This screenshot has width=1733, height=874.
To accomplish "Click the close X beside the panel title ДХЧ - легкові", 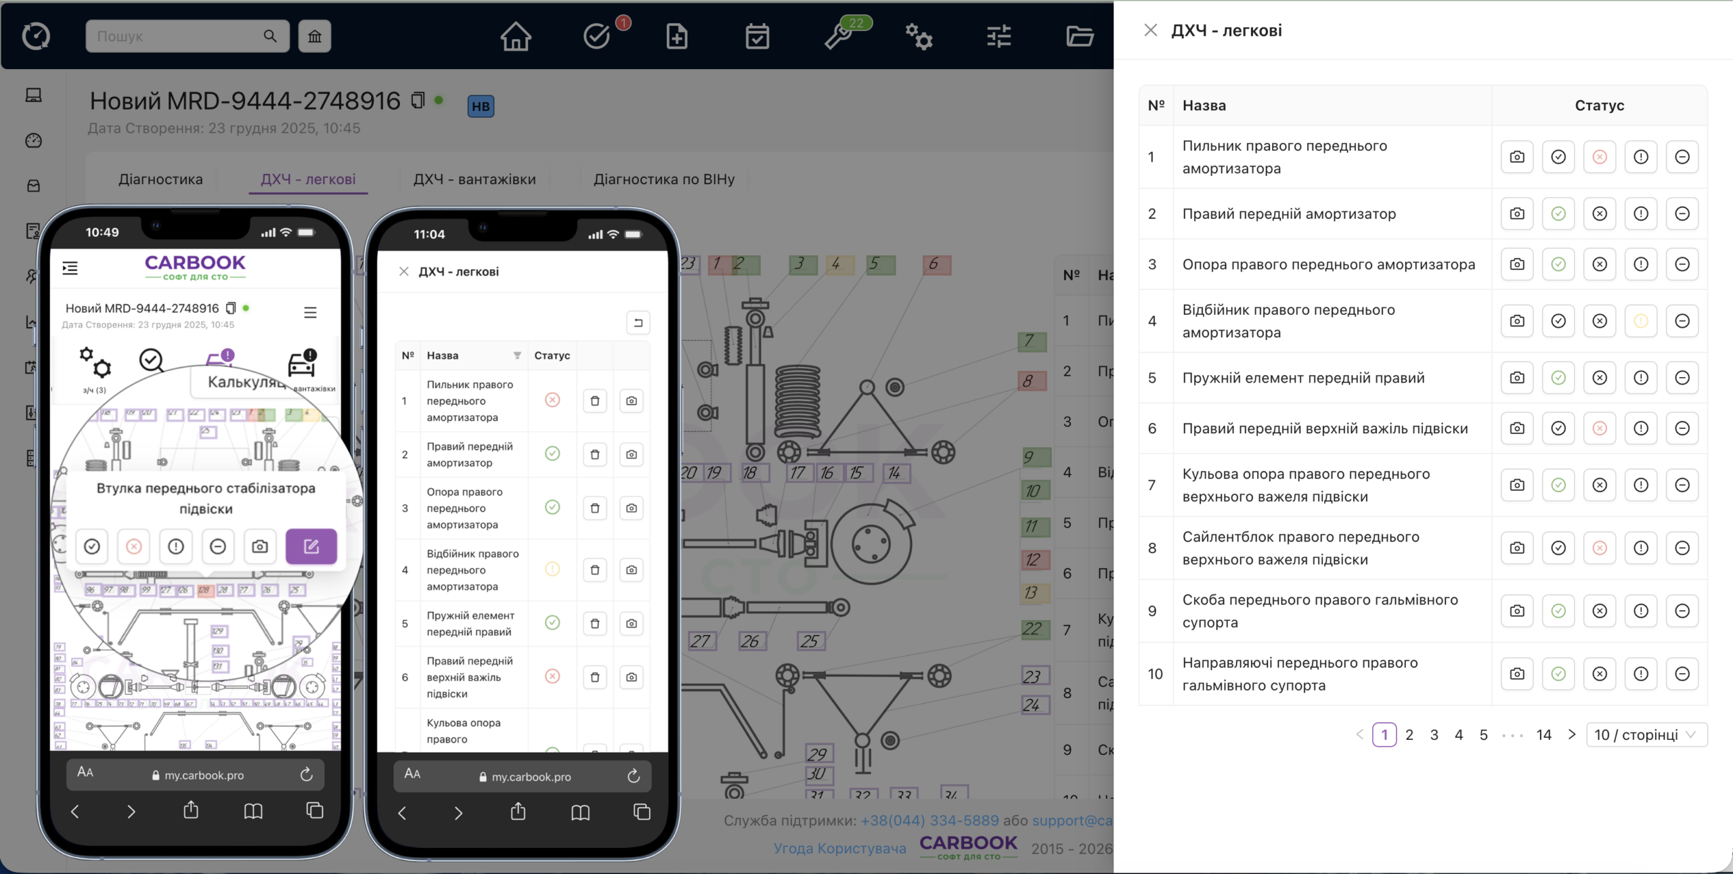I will coord(1150,30).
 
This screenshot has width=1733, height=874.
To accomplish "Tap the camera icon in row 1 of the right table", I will coord(1517,157).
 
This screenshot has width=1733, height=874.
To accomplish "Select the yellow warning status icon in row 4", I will coord(1640,321).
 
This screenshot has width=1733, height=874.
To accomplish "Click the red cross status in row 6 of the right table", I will coord(1599,429).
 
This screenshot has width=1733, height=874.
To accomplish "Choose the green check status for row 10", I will coord(1558,674).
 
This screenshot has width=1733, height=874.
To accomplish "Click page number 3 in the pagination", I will coord(1434,735).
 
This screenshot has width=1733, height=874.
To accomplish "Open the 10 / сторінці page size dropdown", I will coord(1646,735).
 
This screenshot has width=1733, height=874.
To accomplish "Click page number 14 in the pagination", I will coord(1543,735).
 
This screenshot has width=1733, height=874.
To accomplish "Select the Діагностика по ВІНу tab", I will coord(663,179).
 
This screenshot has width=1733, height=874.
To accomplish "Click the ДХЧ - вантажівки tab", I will coord(474,179).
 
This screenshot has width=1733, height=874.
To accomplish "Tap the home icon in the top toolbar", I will coord(516,37).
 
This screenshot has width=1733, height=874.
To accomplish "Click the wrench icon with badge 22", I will coord(838,37).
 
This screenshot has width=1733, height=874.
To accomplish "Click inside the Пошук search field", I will coord(176,37).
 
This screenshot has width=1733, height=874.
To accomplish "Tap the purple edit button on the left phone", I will coord(311,546).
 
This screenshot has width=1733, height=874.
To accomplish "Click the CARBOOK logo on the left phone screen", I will coord(195,267).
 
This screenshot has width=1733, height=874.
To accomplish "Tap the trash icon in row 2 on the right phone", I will coord(594,454).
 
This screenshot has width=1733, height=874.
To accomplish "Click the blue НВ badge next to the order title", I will coord(481,106).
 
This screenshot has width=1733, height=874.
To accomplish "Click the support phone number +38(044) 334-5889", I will coord(929,821).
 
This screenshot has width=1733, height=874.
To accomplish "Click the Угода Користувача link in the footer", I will coord(839,848).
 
